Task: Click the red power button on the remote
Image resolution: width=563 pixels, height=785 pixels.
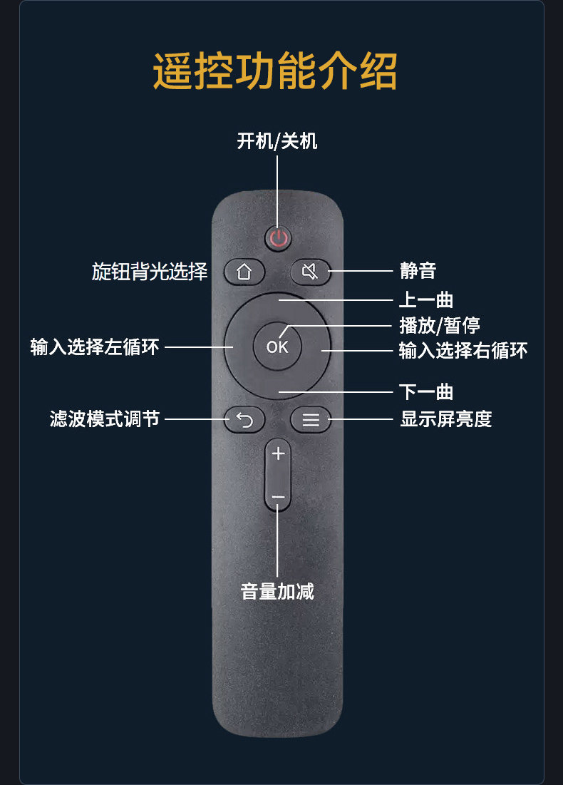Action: [279, 238]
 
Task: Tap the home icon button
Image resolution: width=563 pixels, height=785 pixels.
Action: [244, 272]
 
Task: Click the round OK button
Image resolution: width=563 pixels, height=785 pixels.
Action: [277, 347]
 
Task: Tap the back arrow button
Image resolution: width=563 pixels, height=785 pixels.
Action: [244, 420]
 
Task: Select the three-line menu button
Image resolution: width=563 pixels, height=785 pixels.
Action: [311, 420]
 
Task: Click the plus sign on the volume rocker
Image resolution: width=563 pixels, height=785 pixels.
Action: [278, 453]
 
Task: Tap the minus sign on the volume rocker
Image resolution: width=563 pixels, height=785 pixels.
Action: [278, 497]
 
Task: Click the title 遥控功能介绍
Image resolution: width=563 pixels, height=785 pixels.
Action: [275, 71]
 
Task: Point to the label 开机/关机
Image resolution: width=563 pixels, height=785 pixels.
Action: [277, 141]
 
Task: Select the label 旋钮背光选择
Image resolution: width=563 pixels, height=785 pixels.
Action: [150, 272]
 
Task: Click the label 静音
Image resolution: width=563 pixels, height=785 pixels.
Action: [418, 271]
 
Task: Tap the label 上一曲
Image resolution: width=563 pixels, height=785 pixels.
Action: [426, 300]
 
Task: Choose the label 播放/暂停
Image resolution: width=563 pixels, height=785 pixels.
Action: [440, 325]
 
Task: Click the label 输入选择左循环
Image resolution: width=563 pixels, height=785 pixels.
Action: [95, 347]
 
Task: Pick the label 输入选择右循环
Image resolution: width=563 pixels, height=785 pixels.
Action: [463, 350]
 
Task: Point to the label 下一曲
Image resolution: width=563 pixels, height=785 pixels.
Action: [426, 391]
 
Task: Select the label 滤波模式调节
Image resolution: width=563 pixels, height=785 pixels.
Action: [105, 419]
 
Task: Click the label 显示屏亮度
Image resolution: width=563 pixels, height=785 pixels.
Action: [446, 419]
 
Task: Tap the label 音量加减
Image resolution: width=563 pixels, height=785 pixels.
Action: [277, 591]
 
